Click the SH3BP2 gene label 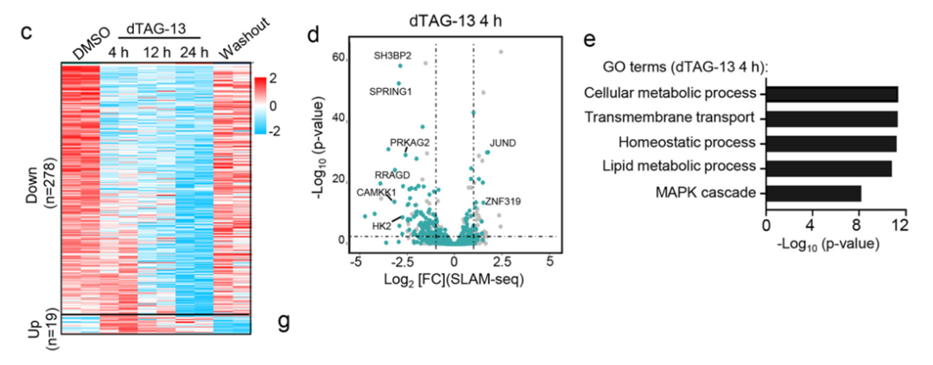(x=392, y=56)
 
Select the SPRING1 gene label (x=390, y=91)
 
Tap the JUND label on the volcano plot (x=503, y=142)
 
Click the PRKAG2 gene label (x=409, y=142)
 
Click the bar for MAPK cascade (x=814, y=192)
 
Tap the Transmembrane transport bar (x=832, y=118)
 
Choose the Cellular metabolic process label (x=670, y=93)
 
